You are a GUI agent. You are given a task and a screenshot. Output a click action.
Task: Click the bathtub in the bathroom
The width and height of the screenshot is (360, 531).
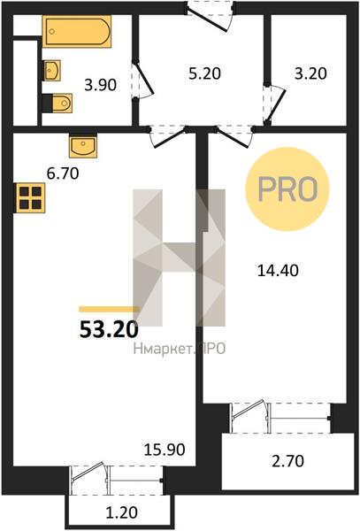click(x=77, y=32)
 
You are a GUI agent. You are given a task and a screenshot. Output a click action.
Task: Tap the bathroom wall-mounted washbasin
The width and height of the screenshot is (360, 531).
click(x=52, y=71)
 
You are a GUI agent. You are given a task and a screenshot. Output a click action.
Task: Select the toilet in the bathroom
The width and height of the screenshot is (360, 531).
click(x=57, y=104)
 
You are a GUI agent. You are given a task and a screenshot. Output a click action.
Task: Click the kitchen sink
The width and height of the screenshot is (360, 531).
click(x=83, y=147)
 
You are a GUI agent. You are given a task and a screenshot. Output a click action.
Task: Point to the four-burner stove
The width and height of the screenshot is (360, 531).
click(x=30, y=197)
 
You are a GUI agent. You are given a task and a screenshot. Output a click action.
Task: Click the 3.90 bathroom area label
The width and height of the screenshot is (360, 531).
click(x=101, y=85)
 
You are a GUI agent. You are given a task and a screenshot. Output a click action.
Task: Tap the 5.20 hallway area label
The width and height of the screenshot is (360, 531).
click(x=204, y=73)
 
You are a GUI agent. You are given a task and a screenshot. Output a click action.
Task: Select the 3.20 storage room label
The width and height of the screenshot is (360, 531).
click(x=310, y=73)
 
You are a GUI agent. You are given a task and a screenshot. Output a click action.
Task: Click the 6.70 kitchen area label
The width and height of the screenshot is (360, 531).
click(x=63, y=173)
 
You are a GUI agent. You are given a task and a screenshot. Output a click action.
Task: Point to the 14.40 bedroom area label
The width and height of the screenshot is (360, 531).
click(x=278, y=271)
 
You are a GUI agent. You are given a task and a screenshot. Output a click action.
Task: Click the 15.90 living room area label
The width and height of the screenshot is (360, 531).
click(x=165, y=450)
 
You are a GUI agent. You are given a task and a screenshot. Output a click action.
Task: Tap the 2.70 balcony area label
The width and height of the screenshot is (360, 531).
click(x=288, y=461)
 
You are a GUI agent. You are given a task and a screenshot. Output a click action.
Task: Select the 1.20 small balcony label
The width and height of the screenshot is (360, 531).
click(x=122, y=512)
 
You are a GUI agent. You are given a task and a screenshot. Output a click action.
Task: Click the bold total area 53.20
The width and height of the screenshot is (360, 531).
click(x=109, y=329)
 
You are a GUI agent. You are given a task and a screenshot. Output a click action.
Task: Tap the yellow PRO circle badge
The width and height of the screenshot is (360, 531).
click(x=287, y=189)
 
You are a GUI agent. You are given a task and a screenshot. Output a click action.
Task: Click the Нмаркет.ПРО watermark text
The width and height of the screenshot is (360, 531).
click(x=180, y=349)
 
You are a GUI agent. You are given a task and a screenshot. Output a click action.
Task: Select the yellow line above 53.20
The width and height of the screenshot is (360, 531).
click(x=110, y=309)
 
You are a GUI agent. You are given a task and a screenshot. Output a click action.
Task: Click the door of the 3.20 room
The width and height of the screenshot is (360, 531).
click(x=275, y=104)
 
